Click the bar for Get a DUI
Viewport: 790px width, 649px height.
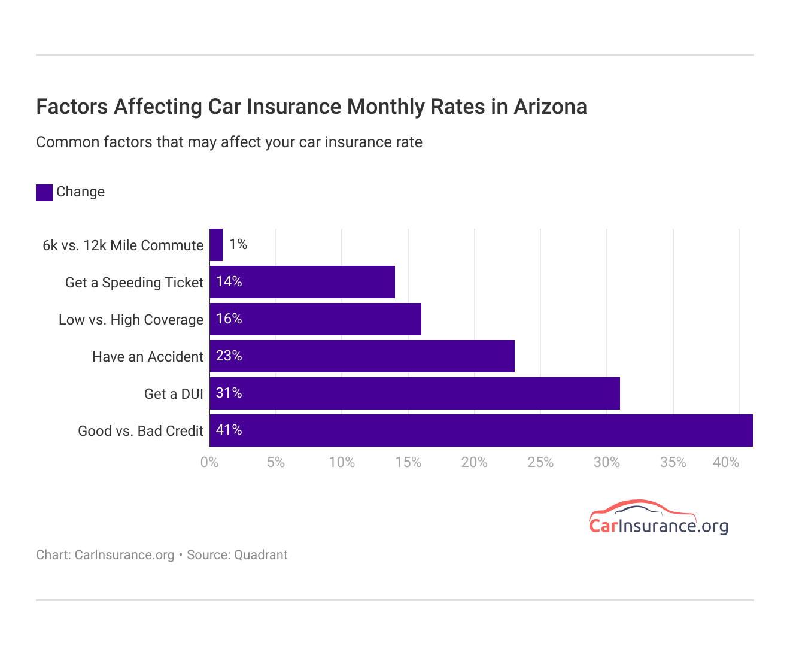[x=414, y=393]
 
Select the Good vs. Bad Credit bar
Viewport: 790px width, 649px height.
[x=481, y=430]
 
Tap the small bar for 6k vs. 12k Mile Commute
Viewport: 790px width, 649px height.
[x=216, y=245]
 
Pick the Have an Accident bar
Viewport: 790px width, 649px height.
[x=361, y=356]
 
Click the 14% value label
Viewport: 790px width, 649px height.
[x=229, y=282]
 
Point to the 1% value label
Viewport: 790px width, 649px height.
[x=238, y=244]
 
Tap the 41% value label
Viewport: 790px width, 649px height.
[x=229, y=430]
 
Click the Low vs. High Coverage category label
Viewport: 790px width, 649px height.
[x=131, y=320]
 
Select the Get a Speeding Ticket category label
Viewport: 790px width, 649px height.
[x=134, y=283]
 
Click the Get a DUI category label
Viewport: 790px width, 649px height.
[x=174, y=394]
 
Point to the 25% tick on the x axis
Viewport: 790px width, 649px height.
[x=540, y=463]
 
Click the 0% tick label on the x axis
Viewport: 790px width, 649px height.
[x=209, y=463]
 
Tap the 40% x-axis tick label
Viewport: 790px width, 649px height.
[x=725, y=463]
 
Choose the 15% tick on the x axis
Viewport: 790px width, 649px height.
[x=408, y=463]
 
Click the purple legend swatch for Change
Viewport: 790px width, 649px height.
[x=44, y=192]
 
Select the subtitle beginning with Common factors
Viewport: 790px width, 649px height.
[x=229, y=142]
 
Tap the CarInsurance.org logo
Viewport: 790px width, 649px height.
[x=658, y=518]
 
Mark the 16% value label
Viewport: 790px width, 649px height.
[x=229, y=319]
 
